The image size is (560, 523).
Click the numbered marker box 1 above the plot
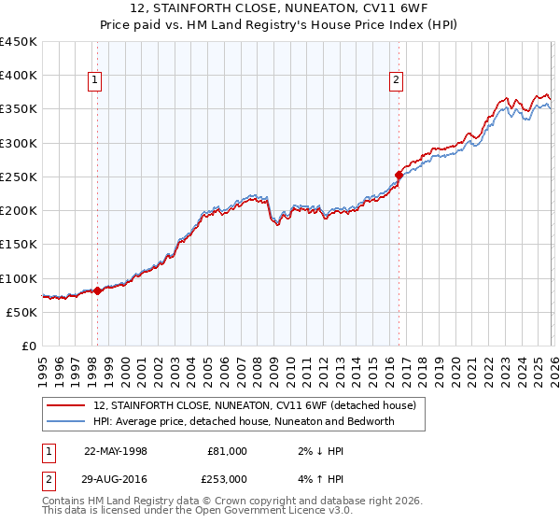pos(96,81)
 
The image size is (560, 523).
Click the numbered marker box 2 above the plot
pos(397,81)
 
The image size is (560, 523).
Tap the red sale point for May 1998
pos(97,290)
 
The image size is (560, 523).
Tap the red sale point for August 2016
pos(399,175)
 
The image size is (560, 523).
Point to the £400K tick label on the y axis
pos(19,76)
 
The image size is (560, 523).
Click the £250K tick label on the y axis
pos(19,177)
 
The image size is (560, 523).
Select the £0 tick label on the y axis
pos(30,346)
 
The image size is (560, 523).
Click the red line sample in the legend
pos(65,405)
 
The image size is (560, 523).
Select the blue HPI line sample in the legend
pos(65,421)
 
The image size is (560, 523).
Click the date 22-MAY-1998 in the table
pos(116,450)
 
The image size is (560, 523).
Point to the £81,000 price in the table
pos(227,450)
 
